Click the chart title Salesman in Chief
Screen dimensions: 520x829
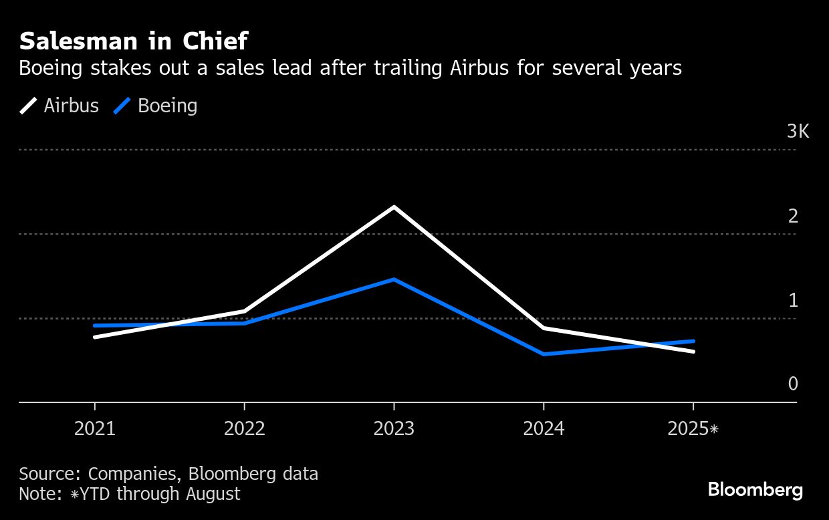coord(134,41)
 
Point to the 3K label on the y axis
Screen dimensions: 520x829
coord(798,132)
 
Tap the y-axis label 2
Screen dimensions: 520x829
coord(794,216)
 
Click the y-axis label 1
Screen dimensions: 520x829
coord(794,300)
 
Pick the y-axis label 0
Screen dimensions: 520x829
coord(794,384)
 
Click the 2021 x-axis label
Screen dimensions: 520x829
coord(94,428)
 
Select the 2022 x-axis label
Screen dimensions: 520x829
coord(244,428)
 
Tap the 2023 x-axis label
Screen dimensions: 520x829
coord(394,428)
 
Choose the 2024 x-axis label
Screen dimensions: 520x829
coord(544,428)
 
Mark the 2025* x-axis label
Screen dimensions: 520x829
coord(693,428)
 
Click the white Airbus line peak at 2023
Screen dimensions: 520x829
coord(394,207)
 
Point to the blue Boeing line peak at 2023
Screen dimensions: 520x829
coord(394,279)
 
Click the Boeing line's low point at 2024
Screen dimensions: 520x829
coord(544,354)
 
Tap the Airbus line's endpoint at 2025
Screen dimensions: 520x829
coord(693,351)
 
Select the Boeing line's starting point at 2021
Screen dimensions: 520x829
coord(95,326)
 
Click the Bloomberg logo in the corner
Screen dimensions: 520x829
coord(755,490)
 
